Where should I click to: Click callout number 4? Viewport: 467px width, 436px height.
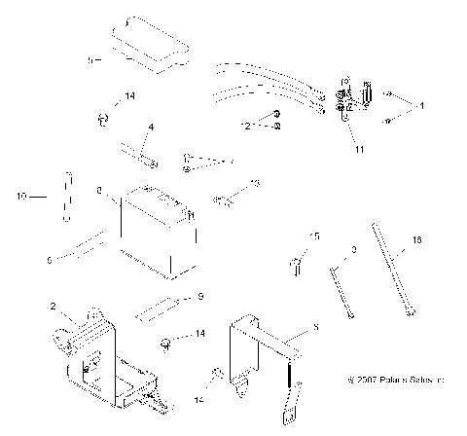click(x=151, y=127)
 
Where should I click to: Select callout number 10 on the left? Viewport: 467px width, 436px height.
click(x=22, y=196)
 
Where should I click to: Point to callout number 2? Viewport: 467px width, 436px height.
click(x=54, y=307)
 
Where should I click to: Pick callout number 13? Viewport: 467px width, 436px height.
click(x=255, y=183)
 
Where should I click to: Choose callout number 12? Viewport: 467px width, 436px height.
click(x=244, y=126)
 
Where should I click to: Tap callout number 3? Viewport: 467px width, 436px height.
click(x=354, y=250)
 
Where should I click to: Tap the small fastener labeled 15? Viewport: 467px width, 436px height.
click(x=295, y=264)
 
